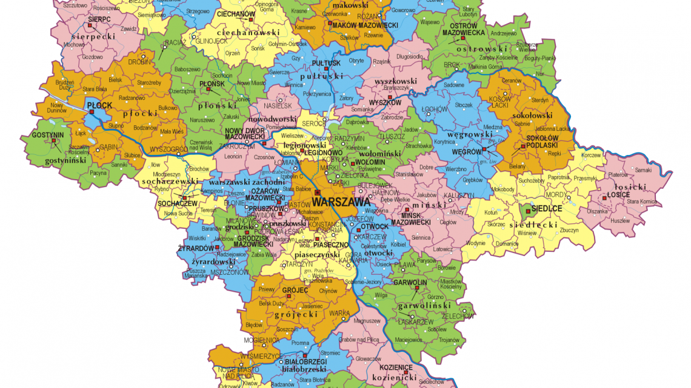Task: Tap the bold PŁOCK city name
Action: pyautogui.click(x=100, y=105)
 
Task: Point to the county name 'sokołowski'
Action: pyautogui.click(x=531, y=114)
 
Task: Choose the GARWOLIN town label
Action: pyautogui.click(x=410, y=283)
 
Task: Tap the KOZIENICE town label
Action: pyautogui.click(x=396, y=367)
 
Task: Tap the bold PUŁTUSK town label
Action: pyautogui.click(x=326, y=63)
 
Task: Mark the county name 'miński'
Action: pyautogui.click(x=433, y=205)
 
